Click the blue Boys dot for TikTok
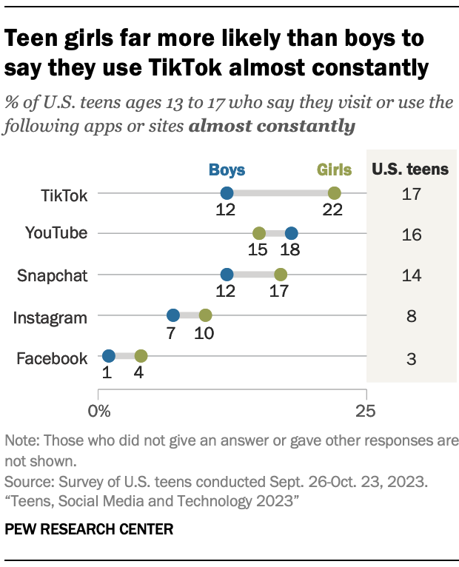coord(227,194)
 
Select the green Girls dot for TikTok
coord(334,194)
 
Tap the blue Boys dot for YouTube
coord(291,235)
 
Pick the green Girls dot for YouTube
coord(259,235)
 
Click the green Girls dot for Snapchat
coord(281,275)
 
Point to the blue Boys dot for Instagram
coord(172,316)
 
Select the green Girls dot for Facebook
coord(141,357)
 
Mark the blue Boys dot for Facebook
coord(109,357)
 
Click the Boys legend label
coord(227,170)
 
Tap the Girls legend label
coord(334,170)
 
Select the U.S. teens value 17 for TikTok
coord(412,195)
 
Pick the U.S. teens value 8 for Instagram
coord(412,317)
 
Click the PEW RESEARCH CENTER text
coord(89,529)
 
